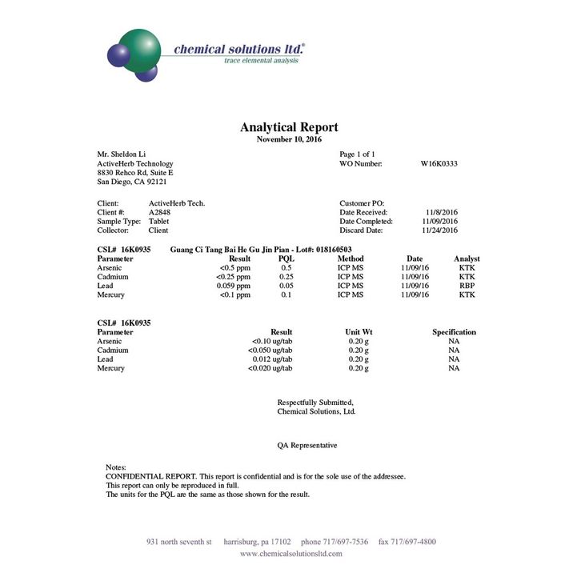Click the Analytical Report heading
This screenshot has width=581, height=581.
coord(289,127)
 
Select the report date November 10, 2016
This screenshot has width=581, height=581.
coord(289,139)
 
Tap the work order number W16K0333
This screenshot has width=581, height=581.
coord(439,163)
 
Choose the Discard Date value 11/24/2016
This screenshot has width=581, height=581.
coord(439,230)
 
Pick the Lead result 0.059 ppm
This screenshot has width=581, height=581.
coord(233,286)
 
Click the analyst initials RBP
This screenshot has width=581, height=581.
coord(467,286)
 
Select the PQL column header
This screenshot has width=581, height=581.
coord(286,259)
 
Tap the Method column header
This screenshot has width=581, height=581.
coord(350,259)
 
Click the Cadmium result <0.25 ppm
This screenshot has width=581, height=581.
coord(233,277)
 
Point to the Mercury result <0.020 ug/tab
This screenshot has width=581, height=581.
coord(271,368)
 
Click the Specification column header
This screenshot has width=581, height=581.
coord(454,332)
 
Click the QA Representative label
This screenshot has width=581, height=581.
coord(307,445)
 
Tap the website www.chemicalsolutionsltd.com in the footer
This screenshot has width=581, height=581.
coord(290,554)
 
